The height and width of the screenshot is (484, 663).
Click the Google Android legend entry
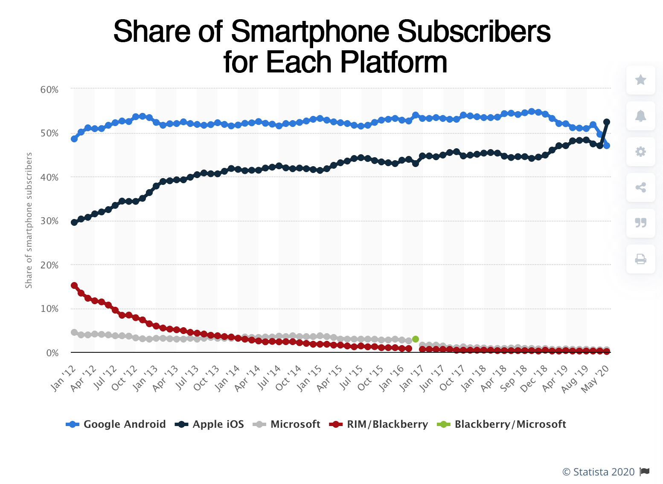click(x=116, y=424)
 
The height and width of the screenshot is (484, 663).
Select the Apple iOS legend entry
click(x=210, y=424)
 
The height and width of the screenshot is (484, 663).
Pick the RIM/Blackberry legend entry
click(x=379, y=424)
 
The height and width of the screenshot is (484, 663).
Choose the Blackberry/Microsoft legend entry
click(x=502, y=424)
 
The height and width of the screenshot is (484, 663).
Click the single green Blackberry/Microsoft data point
click(x=416, y=339)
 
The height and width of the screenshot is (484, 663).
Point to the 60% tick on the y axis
click(x=49, y=89)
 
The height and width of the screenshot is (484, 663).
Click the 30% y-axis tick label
click(x=49, y=221)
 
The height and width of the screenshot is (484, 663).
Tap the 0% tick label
click(x=52, y=353)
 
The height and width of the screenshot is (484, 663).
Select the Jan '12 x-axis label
click(x=63, y=378)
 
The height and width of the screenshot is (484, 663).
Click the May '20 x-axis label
click(x=596, y=378)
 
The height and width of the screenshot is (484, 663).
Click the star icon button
click(x=640, y=80)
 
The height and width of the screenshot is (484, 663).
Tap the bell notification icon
click(x=640, y=115)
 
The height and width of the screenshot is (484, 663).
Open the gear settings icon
click(x=640, y=151)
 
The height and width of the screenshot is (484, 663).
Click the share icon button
click(x=640, y=187)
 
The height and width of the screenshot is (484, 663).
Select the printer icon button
click(x=640, y=259)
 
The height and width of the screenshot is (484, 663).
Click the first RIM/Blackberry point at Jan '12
click(x=74, y=285)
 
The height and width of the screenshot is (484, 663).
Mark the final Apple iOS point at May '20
click(x=607, y=122)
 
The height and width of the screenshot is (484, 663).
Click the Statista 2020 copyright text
click(x=599, y=472)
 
